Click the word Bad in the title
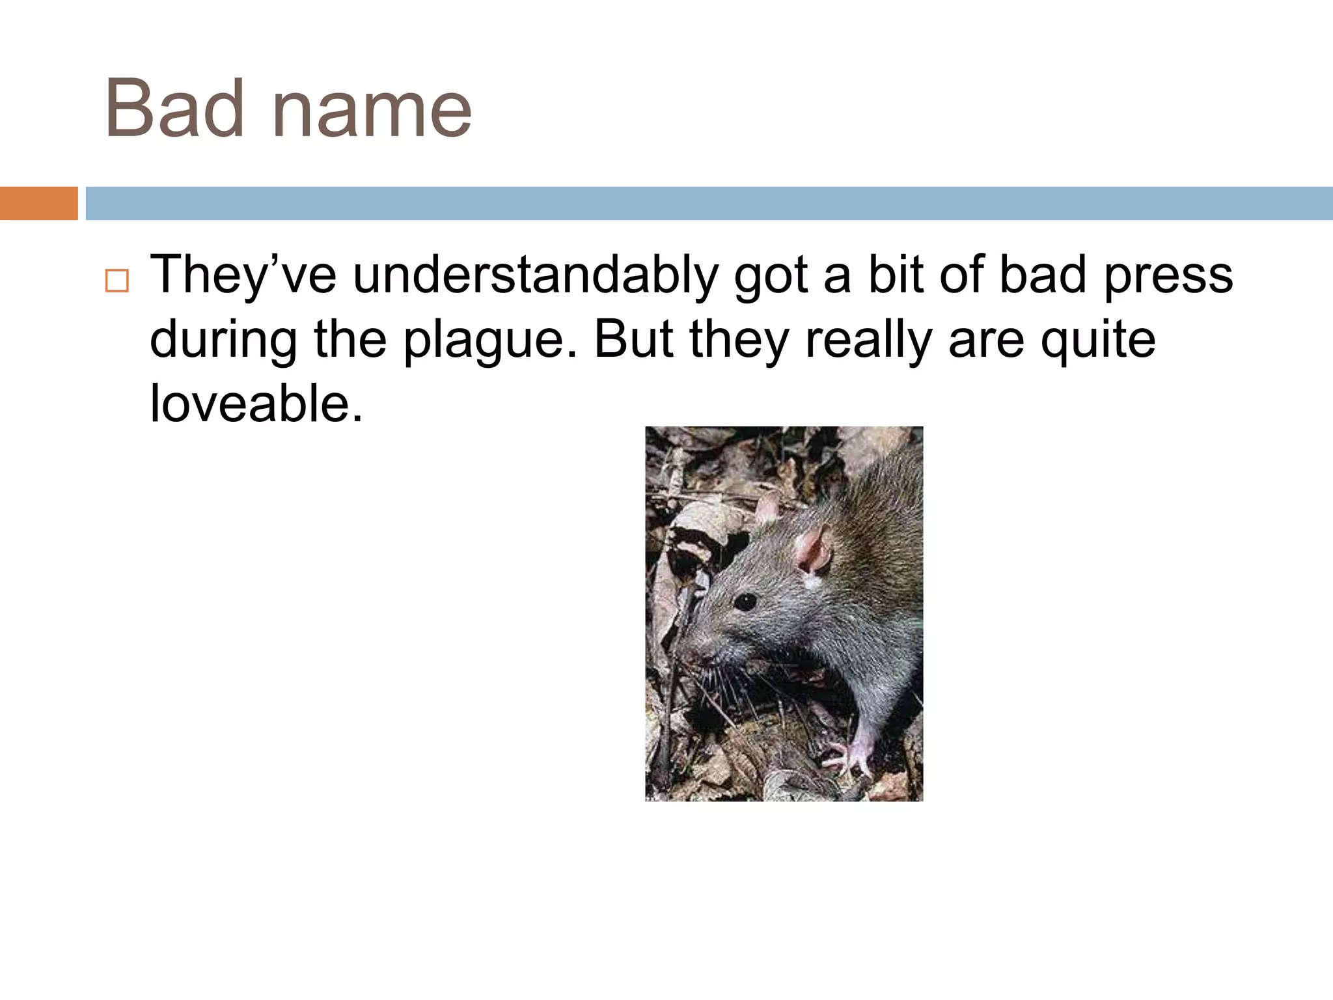tap(174, 109)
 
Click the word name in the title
tap(372, 109)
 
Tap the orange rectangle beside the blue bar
tap(38, 203)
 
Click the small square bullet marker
tap(117, 281)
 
